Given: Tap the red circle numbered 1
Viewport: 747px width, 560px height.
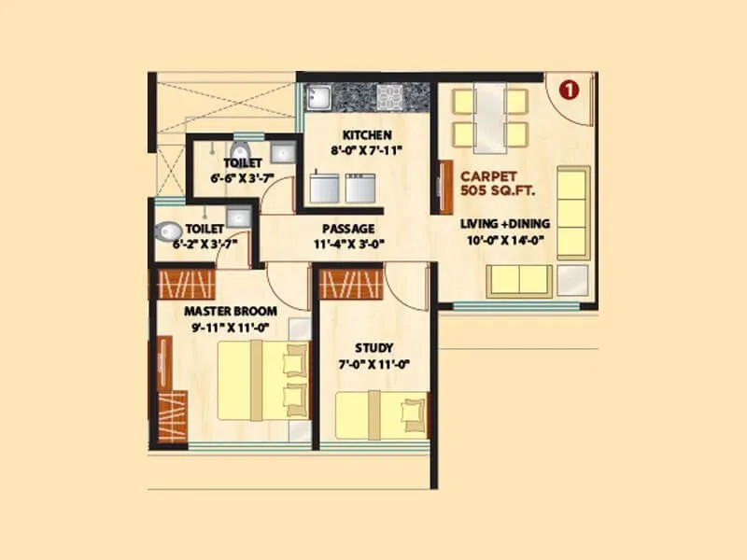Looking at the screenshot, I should pyautogui.click(x=569, y=90).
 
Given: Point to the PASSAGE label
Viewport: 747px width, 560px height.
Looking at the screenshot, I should pyautogui.click(x=348, y=229).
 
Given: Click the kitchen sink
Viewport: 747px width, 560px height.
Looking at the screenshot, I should pyautogui.click(x=319, y=97).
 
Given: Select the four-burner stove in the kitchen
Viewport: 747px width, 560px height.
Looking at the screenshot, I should pyautogui.click(x=389, y=95).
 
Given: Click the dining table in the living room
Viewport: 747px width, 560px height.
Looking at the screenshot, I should pyautogui.click(x=489, y=117).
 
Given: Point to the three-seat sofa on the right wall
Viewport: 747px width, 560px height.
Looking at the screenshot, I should pyautogui.click(x=572, y=212).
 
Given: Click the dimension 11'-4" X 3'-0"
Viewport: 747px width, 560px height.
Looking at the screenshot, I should pyautogui.click(x=348, y=245).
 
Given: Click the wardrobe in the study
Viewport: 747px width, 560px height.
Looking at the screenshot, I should pyautogui.click(x=352, y=284).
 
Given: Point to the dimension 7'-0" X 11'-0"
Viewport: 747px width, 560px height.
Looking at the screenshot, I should pyautogui.click(x=373, y=365).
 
